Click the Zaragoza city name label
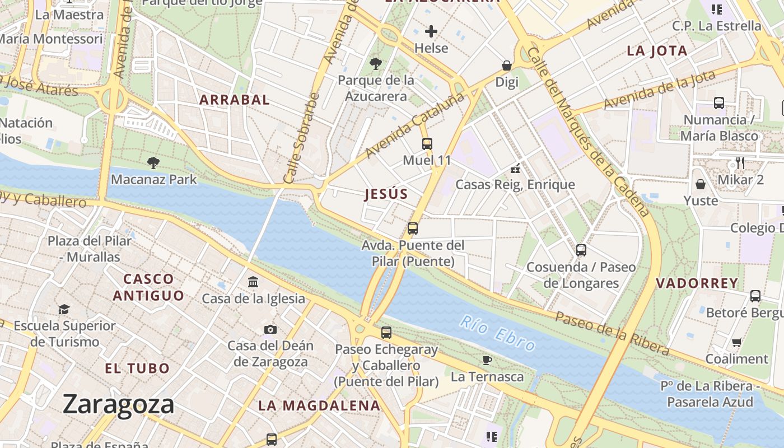[118, 404]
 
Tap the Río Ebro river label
[498, 333]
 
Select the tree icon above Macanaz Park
[153, 163]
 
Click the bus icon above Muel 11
[427, 144]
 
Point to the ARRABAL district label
[235, 100]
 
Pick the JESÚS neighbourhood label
[386, 194]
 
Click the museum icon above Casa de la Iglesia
[253, 282]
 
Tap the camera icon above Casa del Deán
[270, 329]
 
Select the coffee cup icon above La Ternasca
[487, 360]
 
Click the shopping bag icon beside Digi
[507, 66]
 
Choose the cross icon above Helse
[431, 31]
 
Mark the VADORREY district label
[697, 283]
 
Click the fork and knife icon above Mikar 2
[740, 163]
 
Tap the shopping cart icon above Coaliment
[737, 342]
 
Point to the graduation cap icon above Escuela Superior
[64, 309]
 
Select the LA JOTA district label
[657, 51]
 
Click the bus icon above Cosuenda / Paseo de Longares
[581, 250]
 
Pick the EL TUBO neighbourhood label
[137, 368]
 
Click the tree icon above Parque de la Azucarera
[376, 64]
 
